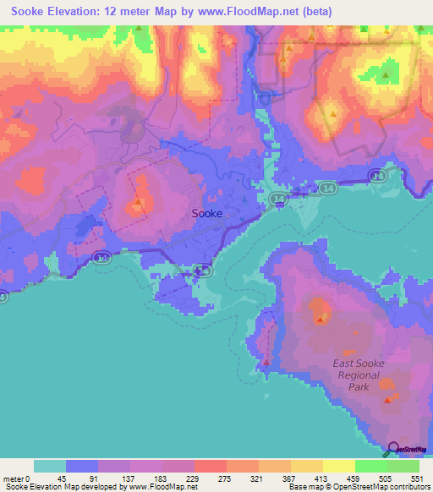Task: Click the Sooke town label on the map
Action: tap(207, 214)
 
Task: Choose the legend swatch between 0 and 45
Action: tap(50, 466)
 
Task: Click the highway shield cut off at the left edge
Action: tap(3, 297)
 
